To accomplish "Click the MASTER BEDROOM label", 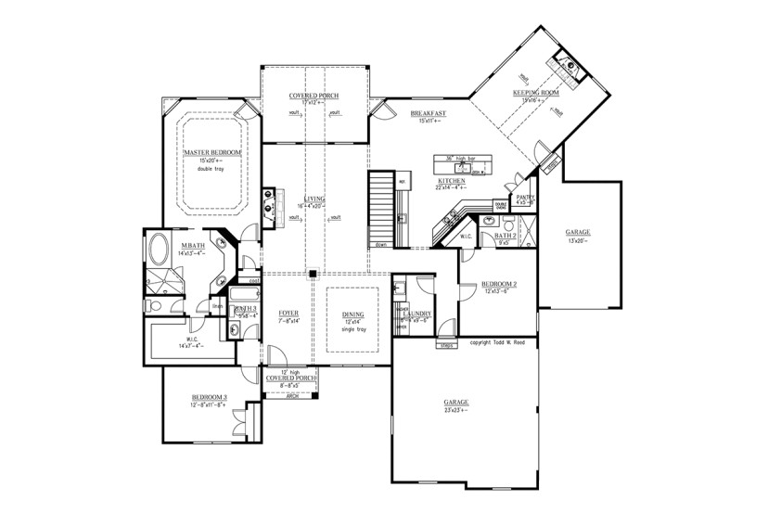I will click(x=212, y=152).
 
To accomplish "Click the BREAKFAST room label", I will click(x=428, y=113).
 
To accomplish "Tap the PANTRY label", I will click(x=525, y=197).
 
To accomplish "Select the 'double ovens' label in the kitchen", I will click(x=500, y=206).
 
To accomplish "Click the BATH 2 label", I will click(x=505, y=237).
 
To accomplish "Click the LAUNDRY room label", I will click(x=419, y=314).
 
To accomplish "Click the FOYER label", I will click(x=288, y=314).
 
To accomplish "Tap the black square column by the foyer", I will click(x=314, y=274).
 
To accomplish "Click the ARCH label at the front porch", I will click(x=291, y=395).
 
